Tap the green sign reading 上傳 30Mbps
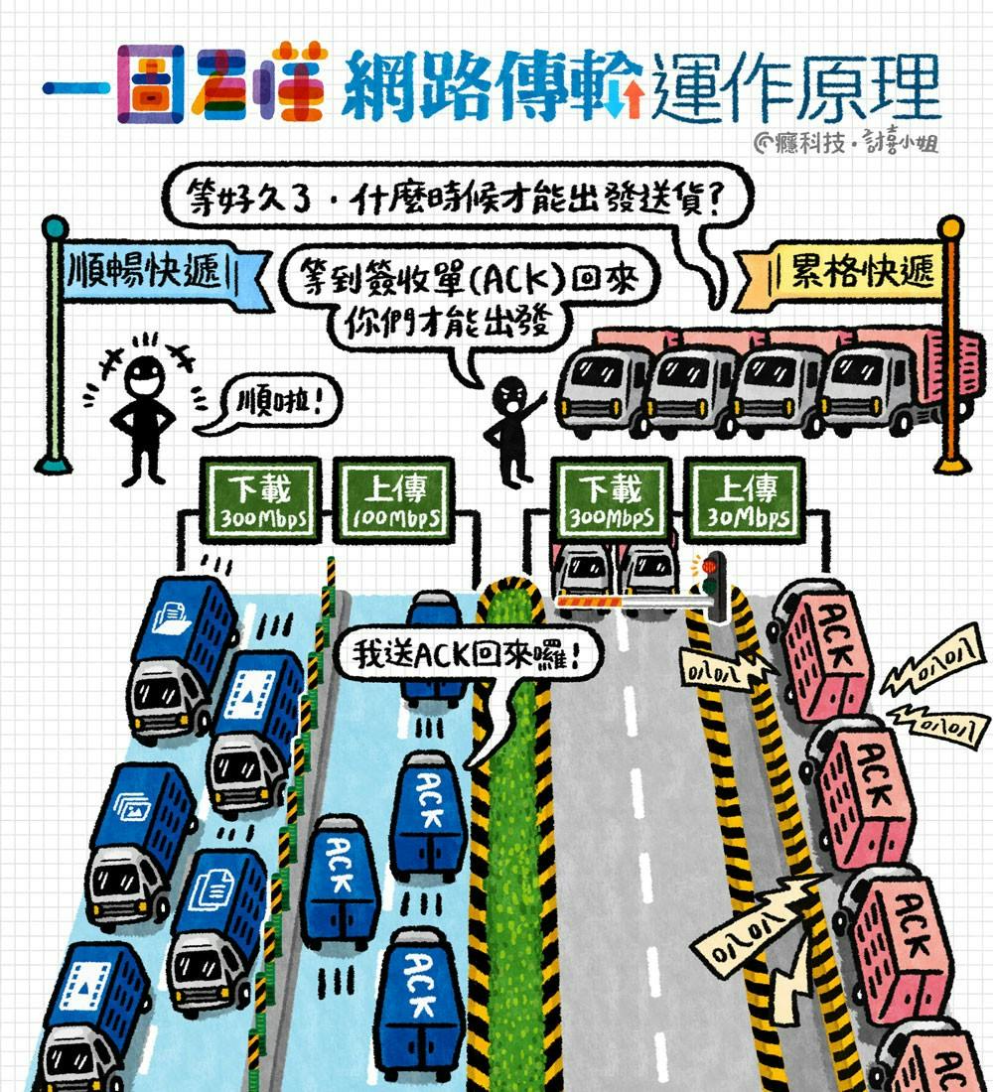[x=743, y=499]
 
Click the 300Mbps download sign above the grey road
[x=610, y=499]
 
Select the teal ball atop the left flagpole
[x=54, y=227]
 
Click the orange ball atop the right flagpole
[x=950, y=227]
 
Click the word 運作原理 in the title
[x=794, y=87]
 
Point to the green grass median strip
[x=511, y=844]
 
